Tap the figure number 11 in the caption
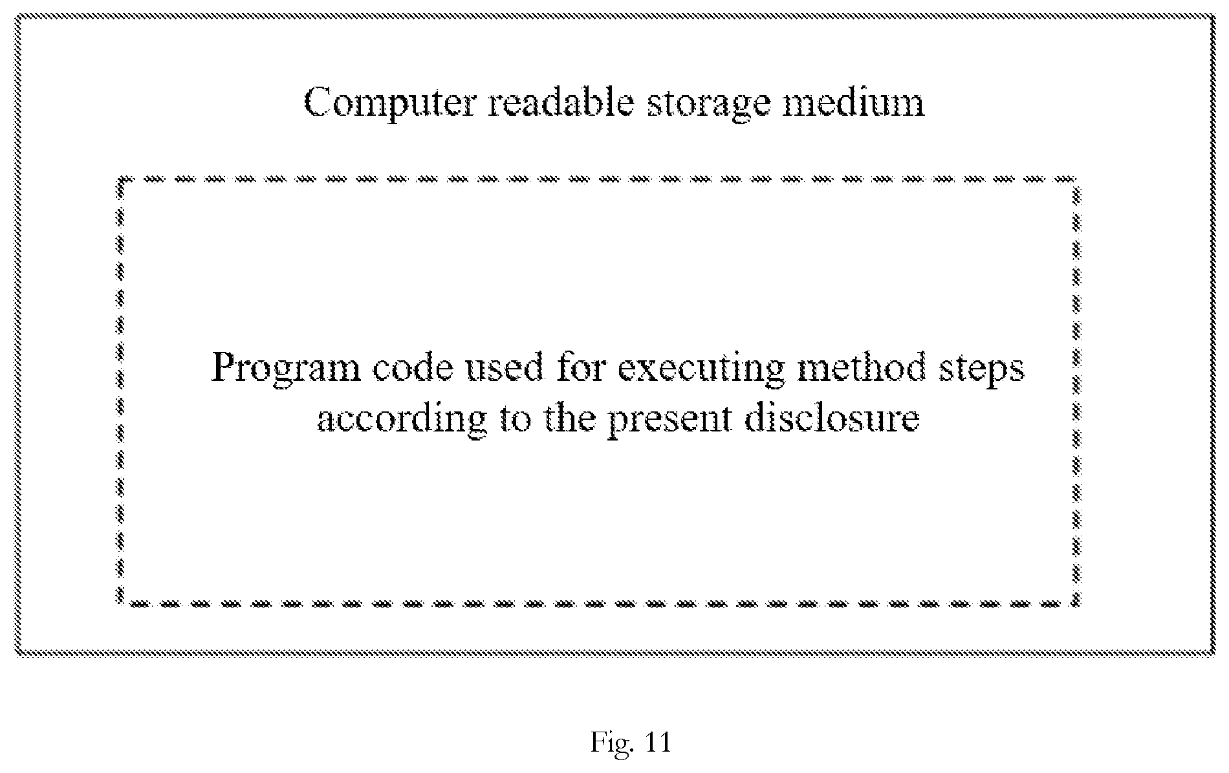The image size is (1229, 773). click(x=658, y=743)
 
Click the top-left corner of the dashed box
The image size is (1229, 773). click(x=120, y=178)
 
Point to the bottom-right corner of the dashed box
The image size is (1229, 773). click(x=1076, y=604)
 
